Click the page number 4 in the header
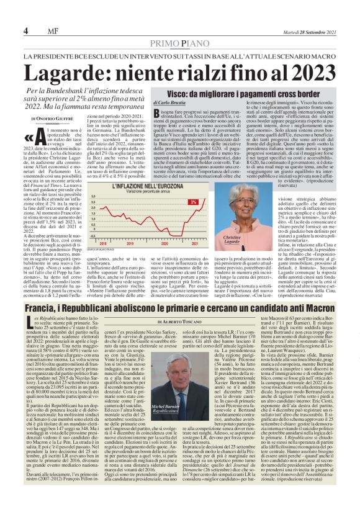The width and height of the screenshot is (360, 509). (x=26, y=31)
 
